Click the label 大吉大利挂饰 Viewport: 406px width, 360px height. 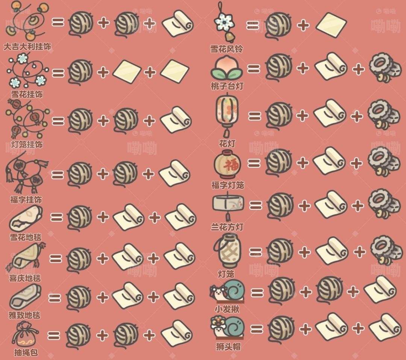coord(27,47)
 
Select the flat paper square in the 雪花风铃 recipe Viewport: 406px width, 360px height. coord(331,25)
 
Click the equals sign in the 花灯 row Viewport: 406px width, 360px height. coord(255,115)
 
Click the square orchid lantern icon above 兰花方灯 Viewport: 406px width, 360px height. coord(227,205)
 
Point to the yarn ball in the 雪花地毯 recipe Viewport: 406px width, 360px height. coord(79,217)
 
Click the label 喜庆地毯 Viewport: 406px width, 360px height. coord(25,278)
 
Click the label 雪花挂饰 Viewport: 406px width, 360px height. coord(27,94)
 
